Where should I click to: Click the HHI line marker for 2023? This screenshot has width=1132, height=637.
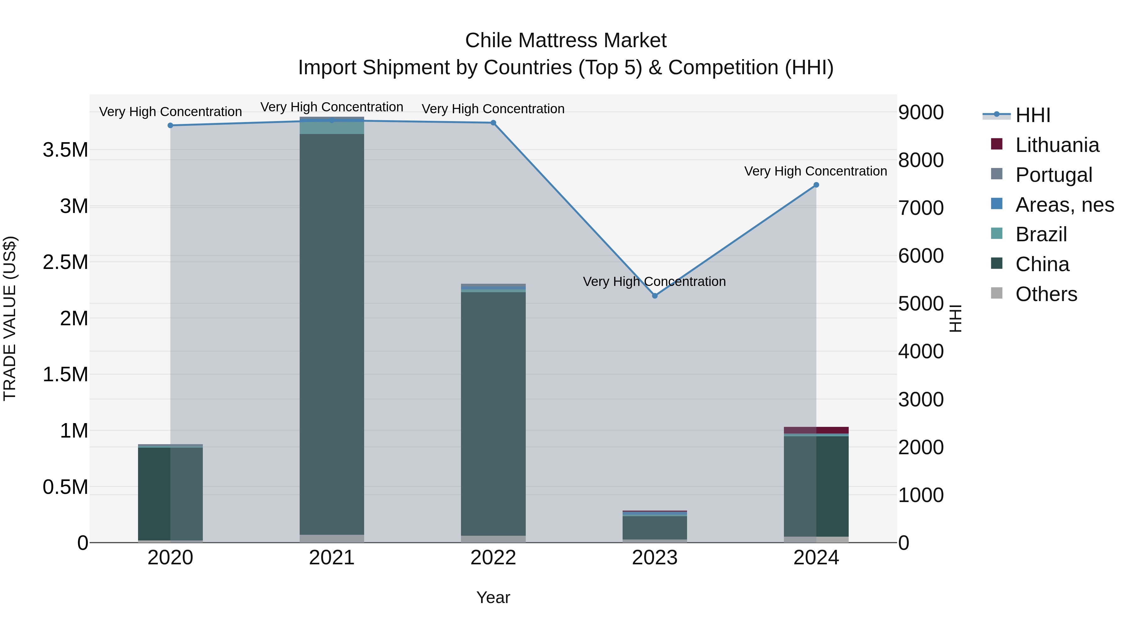click(654, 296)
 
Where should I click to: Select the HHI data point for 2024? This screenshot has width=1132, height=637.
click(816, 185)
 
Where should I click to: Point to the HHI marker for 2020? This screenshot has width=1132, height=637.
click(170, 125)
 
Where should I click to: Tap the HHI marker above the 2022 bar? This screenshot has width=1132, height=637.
click(493, 123)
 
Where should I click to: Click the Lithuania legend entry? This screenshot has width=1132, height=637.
click(1057, 145)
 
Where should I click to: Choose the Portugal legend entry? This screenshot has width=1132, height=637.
click(1053, 175)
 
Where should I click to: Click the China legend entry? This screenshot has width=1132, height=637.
click(1042, 264)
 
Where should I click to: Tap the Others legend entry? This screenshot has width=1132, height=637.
click(1046, 294)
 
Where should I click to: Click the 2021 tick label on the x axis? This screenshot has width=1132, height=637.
click(332, 558)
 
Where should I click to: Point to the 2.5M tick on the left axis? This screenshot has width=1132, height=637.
click(65, 262)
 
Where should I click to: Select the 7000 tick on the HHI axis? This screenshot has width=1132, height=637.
click(921, 208)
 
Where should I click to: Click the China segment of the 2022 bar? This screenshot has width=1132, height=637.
click(493, 413)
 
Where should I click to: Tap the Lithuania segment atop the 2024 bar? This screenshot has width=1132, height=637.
click(816, 430)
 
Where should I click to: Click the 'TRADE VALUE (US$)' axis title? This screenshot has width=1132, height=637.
click(10, 318)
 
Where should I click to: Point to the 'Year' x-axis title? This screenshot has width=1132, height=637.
click(493, 597)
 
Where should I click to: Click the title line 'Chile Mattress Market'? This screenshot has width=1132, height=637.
click(566, 41)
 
